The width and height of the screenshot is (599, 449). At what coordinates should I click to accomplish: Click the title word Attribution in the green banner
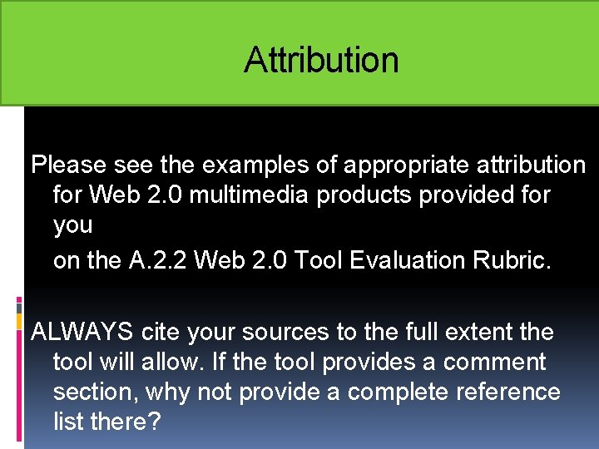coord(321,60)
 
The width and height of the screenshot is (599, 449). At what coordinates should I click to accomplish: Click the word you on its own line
coord(72,225)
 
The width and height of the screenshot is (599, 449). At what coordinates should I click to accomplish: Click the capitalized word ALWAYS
coord(82,332)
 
